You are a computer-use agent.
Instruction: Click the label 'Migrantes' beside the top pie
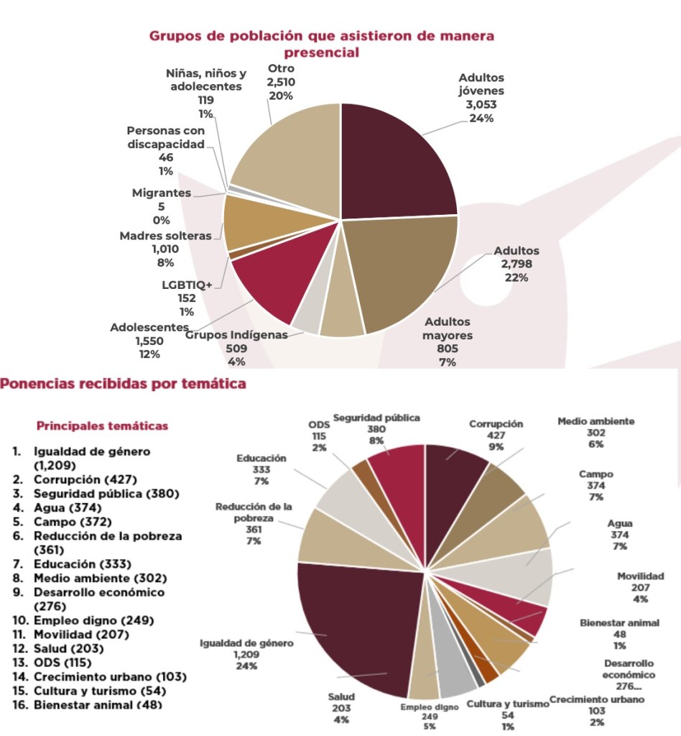pyautogui.click(x=162, y=193)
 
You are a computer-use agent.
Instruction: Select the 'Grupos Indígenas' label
pyautogui.click(x=236, y=334)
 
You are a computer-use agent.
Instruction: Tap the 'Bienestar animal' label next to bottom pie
pyautogui.click(x=619, y=622)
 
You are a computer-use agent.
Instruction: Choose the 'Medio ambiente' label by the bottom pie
pyautogui.click(x=596, y=421)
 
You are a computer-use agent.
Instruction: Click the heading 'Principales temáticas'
pyautogui.click(x=102, y=426)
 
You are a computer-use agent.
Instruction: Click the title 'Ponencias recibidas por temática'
pyautogui.click(x=123, y=384)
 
